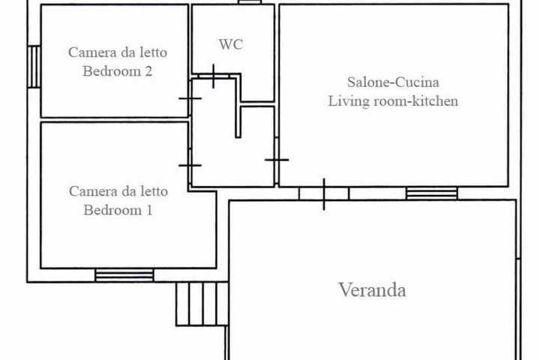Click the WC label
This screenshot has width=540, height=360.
230,45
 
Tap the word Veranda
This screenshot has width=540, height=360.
372,290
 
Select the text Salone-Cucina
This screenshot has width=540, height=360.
392,82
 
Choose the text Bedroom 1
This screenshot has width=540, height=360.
118,210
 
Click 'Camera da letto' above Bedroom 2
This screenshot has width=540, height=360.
118,52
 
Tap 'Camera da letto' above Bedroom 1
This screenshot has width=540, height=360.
118,191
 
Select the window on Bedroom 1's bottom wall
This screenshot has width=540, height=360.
124,275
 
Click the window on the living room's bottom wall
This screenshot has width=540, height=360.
432,193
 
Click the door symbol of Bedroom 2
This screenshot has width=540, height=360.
190,98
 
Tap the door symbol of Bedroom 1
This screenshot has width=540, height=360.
190,164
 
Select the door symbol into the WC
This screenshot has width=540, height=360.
214,76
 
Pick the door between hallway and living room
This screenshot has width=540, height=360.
277,160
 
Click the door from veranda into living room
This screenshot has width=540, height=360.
324,193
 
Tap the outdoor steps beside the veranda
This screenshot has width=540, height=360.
202,304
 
